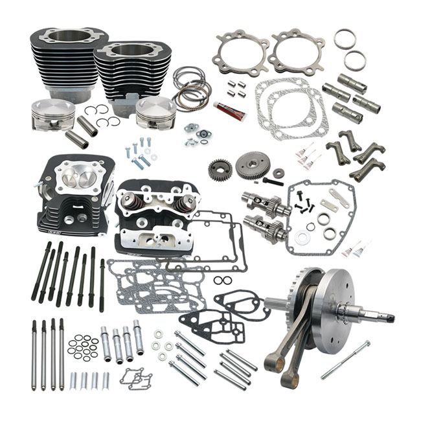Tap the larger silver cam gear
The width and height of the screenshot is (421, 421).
pyautogui.click(x=252, y=166)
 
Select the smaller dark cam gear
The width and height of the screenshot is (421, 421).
pyautogui.click(x=220, y=170)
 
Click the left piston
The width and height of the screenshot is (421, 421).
pyautogui.click(x=52, y=113)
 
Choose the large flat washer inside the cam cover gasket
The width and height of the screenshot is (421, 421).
pyautogui.click(x=302, y=238)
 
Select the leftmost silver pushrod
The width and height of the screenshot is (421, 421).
pyautogui.click(x=34, y=354)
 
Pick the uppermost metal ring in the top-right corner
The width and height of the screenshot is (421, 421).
pyautogui.click(x=344, y=39)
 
